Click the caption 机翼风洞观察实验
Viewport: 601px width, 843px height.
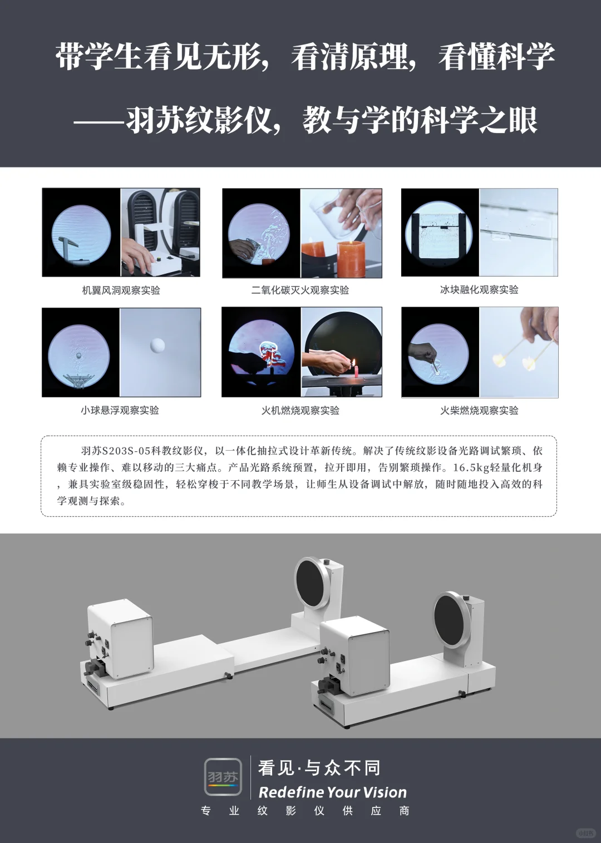pyautogui.click(x=121, y=290)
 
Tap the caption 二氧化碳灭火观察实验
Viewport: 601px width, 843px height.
pyautogui.click(x=300, y=290)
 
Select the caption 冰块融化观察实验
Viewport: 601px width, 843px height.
pyautogui.click(x=479, y=289)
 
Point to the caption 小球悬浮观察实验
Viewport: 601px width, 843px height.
pyautogui.click(x=120, y=410)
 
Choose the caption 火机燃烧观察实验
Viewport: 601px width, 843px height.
pyautogui.click(x=300, y=410)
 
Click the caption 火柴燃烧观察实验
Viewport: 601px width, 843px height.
pyautogui.click(x=479, y=410)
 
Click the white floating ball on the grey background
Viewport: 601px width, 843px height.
pyautogui.click(x=158, y=346)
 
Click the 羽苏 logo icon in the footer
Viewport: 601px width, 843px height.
pyautogui.click(x=223, y=777)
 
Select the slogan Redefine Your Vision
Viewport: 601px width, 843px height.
pyautogui.click(x=332, y=792)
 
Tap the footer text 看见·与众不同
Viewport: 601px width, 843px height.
pyautogui.click(x=319, y=768)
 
